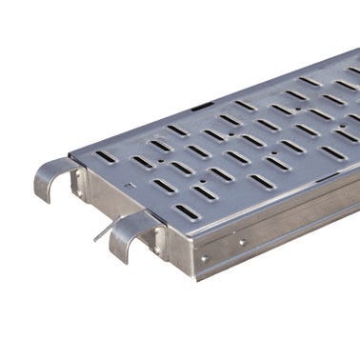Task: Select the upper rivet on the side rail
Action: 242,242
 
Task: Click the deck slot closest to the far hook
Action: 106,157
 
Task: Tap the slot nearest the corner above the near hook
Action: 186,214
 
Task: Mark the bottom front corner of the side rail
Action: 195,276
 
